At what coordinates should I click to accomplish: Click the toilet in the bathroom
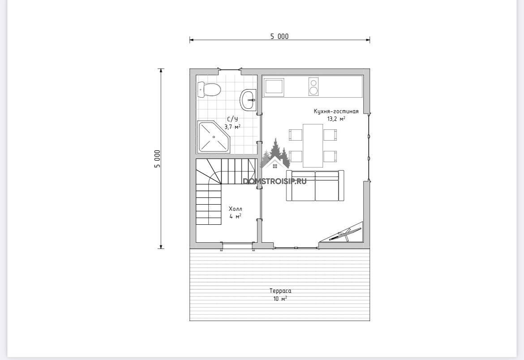coord(209,90)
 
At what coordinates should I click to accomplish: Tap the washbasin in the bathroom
coord(248,99)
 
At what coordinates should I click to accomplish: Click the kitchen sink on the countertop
coord(275,87)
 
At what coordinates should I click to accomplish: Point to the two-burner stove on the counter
coord(314,86)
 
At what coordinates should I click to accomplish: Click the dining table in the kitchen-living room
coord(313,146)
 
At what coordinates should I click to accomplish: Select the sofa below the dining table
coord(315,185)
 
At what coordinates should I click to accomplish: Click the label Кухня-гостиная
coord(336,111)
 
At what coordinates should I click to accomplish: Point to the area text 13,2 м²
coord(336,119)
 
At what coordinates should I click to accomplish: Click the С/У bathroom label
coord(232,120)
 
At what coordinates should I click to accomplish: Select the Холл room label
coord(235,209)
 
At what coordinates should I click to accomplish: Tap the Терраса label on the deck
coord(280,291)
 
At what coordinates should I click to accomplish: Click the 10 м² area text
coord(280,299)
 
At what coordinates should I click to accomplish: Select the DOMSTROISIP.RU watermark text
coord(275,181)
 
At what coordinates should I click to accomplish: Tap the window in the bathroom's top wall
coord(230,69)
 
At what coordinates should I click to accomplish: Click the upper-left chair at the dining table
coord(296,135)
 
